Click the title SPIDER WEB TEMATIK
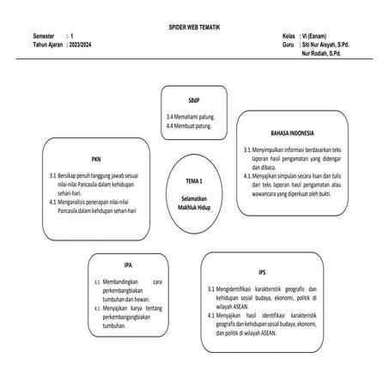pyautogui.click(x=194, y=29)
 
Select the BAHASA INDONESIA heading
pyautogui.click(x=292, y=134)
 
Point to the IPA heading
pyautogui.click(x=127, y=264)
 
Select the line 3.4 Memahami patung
pyautogui.click(x=190, y=115)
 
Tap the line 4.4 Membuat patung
pyautogui.click(x=188, y=125)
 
